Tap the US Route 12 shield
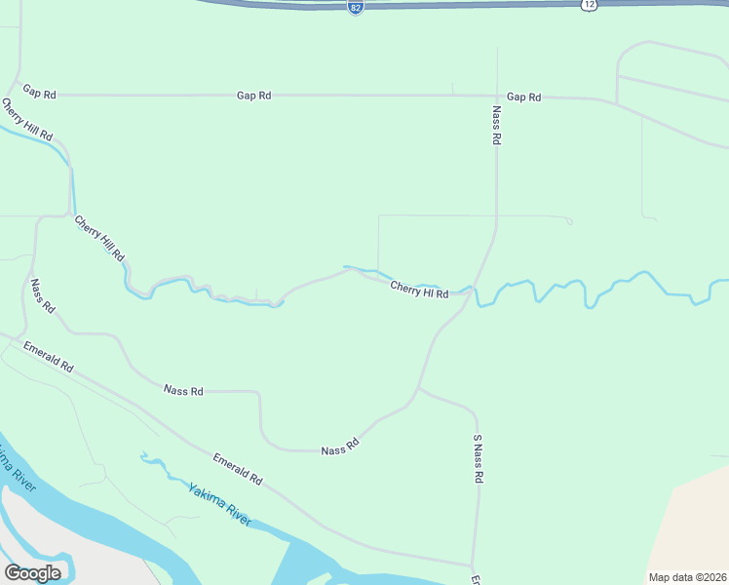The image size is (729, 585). coord(589,5)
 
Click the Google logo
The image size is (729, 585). coord(32,573)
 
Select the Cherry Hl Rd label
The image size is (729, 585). coord(419,290)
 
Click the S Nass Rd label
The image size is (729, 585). coord(479,459)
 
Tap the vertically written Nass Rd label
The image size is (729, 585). coord(496,126)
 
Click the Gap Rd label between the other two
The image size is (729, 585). coord(253,96)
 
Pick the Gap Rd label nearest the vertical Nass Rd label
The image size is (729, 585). coord(523,97)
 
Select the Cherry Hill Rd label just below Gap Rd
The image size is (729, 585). coord(26,120)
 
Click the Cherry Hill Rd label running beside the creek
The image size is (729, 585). coord(100,237)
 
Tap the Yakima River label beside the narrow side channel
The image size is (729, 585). coord(219,503)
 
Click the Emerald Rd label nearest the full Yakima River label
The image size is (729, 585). coord(238,470)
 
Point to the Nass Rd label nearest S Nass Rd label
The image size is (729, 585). coord(340,447)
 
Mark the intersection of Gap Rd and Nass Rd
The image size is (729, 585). coord(497,97)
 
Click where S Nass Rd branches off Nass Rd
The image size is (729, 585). coord(418,388)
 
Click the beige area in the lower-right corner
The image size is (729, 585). coord(692,526)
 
